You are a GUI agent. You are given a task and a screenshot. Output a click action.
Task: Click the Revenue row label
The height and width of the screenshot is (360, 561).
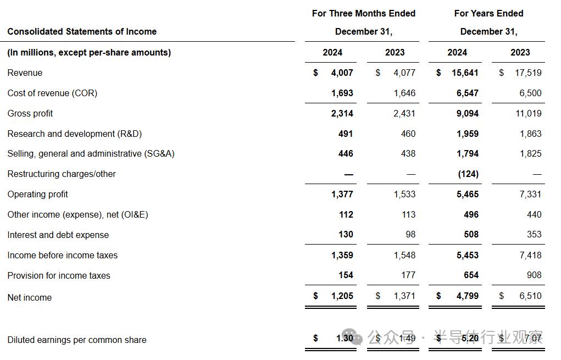point(25,73)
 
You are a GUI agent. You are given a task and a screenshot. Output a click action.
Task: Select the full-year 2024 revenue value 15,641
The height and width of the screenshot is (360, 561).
point(465,73)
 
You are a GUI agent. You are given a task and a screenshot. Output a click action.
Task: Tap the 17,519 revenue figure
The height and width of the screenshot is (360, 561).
point(527,73)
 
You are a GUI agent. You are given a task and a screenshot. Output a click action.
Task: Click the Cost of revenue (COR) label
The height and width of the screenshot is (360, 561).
point(52,93)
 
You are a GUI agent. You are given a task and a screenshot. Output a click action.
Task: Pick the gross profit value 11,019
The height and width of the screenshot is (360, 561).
point(527,113)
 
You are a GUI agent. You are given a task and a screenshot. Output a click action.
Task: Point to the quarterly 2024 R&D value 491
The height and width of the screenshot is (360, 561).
point(346,134)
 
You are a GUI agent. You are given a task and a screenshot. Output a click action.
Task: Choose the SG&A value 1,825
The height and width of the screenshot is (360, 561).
point(530,153)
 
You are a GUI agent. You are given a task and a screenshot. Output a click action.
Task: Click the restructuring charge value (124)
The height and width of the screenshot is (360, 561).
point(468,174)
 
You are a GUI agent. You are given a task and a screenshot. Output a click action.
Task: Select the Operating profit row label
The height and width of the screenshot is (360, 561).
point(37,194)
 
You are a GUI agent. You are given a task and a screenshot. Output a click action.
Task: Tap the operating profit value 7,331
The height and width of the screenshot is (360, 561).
point(530,194)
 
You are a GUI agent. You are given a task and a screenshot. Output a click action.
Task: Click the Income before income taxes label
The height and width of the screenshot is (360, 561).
point(62,255)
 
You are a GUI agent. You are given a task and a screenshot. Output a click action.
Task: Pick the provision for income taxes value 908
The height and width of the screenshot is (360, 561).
point(534,275)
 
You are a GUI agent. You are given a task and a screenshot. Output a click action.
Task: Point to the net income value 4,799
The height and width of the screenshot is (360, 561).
point(468,296)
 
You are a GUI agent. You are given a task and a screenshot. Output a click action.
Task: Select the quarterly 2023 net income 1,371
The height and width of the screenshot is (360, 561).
point(404,296)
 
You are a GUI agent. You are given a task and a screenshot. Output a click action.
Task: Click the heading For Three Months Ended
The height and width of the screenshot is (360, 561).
point(363,13)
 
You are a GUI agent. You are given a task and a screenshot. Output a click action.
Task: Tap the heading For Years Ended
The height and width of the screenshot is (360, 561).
point(488,13)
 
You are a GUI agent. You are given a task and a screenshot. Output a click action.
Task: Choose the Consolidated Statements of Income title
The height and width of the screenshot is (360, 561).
point(82,31)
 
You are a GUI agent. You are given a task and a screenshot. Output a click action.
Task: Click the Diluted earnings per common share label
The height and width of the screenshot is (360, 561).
point(76,340)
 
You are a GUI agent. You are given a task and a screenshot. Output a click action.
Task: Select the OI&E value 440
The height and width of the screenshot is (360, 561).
point(534,214)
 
